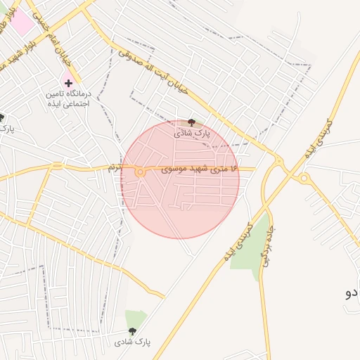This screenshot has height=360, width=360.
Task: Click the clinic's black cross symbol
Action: pyautogui.click(x=68, y=83)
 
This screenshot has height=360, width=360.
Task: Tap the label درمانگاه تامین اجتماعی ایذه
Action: pyautogui.click(x=69, y=98)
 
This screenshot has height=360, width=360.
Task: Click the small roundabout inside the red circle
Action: pyautogui.click(x=141, y=172)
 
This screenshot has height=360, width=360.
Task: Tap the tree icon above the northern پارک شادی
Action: pyautogui.click(x=192, y=122)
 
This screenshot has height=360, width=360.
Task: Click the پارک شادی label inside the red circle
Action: pyautogui.click(x=192, y=133)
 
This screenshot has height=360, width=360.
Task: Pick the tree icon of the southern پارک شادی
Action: pyautogui.click(x=132, y=331)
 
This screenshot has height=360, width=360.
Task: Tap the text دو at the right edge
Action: pyautogui.click(x=352, y=292)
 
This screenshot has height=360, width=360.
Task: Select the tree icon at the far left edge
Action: pyautogui.click(x=1, y=117)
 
